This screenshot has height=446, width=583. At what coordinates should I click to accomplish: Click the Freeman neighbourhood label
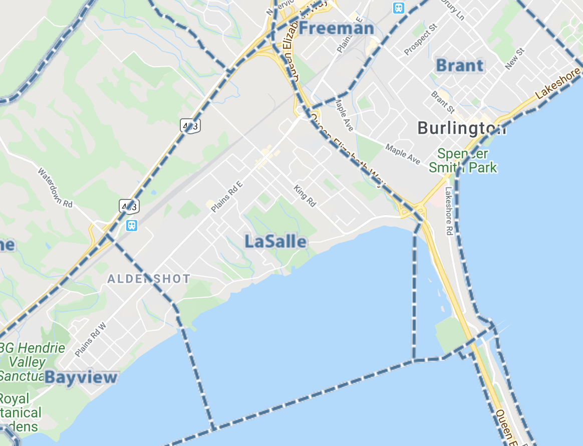click(x=337, y=29)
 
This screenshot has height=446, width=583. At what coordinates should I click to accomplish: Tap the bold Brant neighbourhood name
click(x=460, y=65)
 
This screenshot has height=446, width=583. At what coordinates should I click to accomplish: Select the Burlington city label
click(x=461, y=128)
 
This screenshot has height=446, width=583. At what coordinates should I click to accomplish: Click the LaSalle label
click(x=275, y=242)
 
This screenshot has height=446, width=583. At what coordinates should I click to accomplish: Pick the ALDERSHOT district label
click(x=149, y=279)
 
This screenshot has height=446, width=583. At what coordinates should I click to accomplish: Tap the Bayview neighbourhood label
click(x=81, y=377)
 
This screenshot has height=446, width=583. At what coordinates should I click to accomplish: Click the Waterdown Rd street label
click(x=55, y=187)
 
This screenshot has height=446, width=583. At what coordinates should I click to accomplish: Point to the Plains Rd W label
click(x=91, y=340)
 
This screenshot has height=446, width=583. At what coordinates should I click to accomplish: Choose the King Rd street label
click(x=305, y=196)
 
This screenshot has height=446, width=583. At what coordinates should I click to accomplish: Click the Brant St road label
click(x=443, y=102)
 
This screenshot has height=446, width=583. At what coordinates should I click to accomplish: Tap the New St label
click(x=514, y=58)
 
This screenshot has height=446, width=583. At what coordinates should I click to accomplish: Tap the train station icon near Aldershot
click(x=132, y=225)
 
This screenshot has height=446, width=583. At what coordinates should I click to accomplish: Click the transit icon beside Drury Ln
click(x=399, y=8)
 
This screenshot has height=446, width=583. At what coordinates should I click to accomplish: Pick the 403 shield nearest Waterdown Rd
click(x=129, y=205)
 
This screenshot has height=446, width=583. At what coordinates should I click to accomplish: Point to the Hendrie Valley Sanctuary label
click(x=30, y=361)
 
